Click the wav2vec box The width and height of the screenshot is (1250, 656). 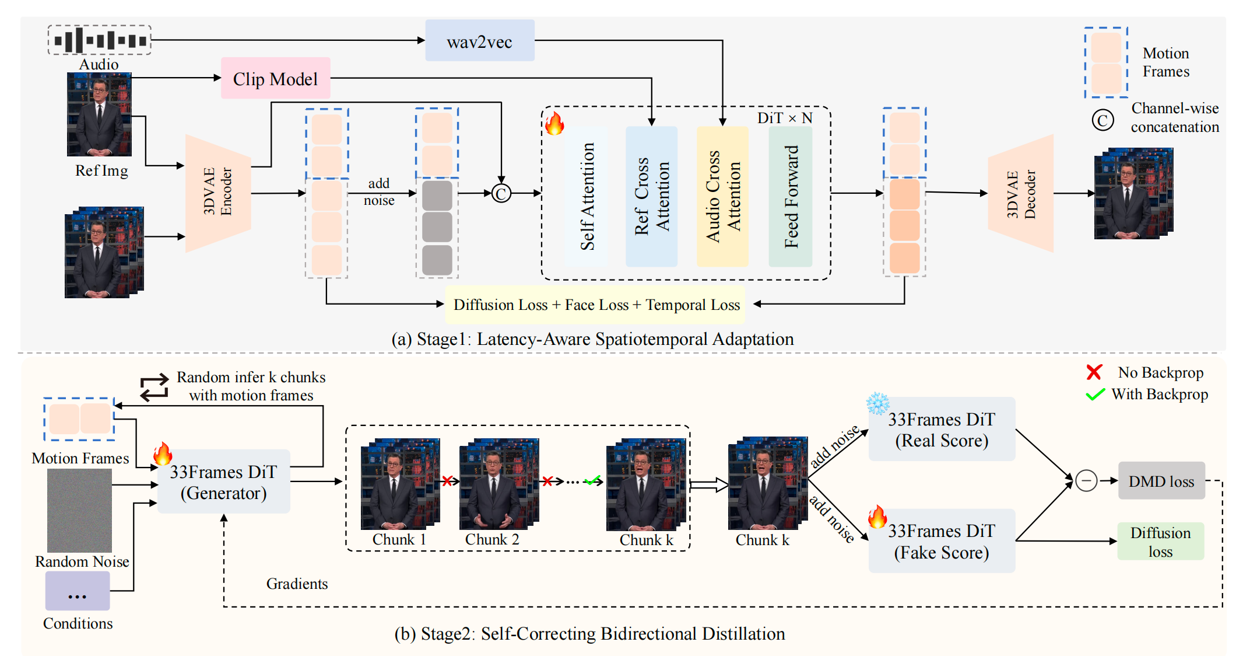tap(479, 41)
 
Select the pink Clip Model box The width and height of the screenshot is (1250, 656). tap(275, 78)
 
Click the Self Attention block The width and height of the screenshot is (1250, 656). tap(587, 196)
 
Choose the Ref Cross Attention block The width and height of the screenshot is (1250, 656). tap(651, 196)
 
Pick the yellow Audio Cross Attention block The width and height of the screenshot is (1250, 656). tap(722, 196)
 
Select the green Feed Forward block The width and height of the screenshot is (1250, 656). tap(790, 196)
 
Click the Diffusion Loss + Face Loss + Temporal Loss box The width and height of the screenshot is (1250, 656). tap(595, 305)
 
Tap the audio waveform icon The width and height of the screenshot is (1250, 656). tap(100, 40)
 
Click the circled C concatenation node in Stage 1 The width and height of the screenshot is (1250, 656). tap(501, 193)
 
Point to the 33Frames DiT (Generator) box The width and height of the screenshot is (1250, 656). tap(224, 481)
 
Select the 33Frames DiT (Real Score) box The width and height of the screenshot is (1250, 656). tap(942, 430)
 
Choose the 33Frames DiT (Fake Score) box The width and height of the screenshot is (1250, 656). tap(942, 541)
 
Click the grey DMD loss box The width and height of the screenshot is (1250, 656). tap(1161, 481)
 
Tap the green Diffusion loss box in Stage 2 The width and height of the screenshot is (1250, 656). tap(1160, 542)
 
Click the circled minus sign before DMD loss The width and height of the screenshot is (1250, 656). tap(1086, 481)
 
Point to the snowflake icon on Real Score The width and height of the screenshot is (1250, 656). tap(877, 403)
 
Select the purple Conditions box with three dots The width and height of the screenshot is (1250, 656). tap(78, 591)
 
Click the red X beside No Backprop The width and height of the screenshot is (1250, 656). tap(1094, 372)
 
